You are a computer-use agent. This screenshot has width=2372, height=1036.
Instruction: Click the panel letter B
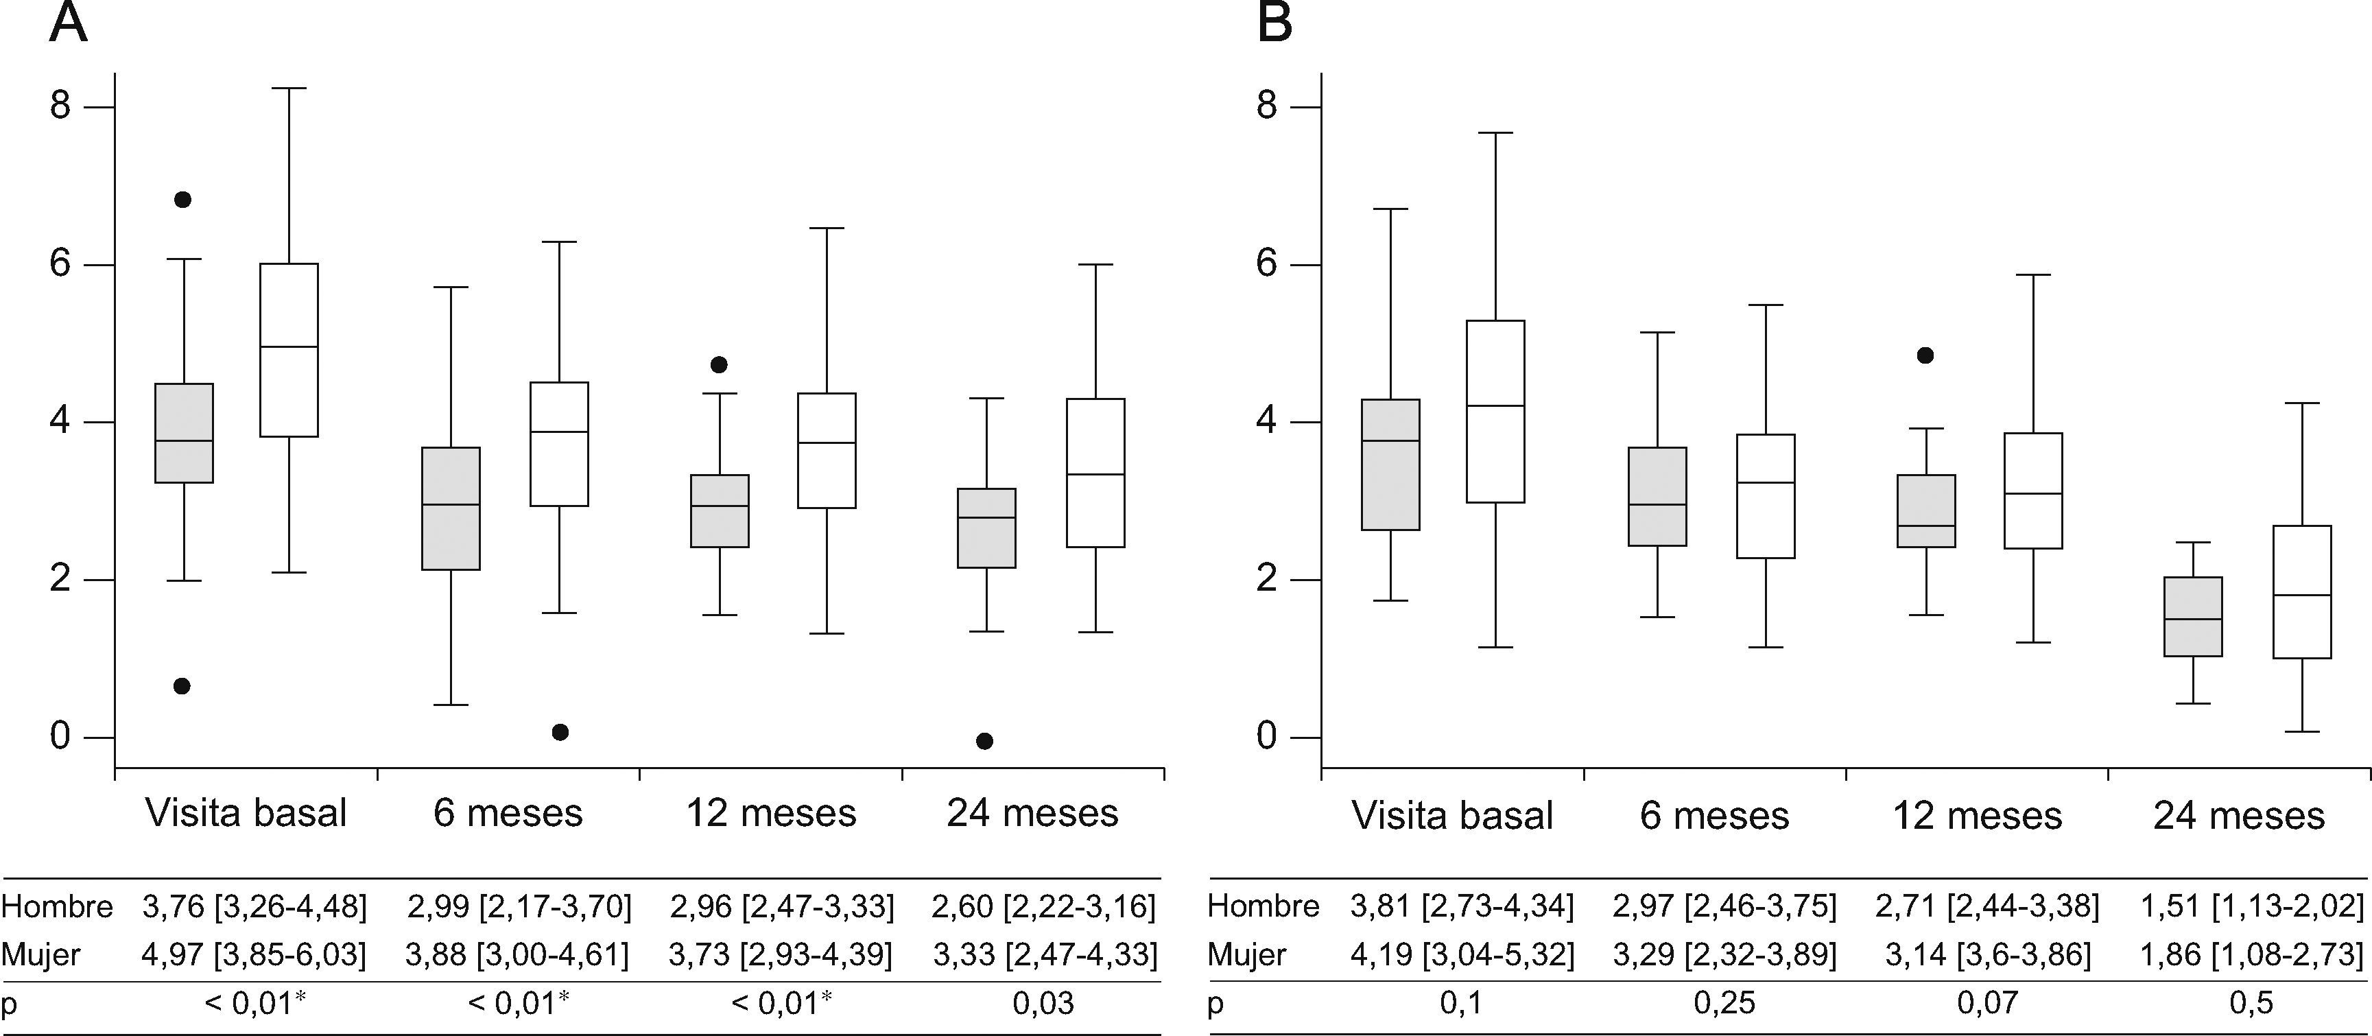[x=1274, y=23]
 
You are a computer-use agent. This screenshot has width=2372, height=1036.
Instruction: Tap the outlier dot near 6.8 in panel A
[x=182, y=200]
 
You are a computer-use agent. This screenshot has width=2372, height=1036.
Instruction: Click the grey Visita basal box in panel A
[x=184, y=433]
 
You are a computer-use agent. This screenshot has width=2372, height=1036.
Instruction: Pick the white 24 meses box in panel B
[x=2302, y=591]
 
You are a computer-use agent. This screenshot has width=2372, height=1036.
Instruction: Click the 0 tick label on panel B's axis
[x=1267, y=737]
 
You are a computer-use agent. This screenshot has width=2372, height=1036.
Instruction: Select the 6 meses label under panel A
[x=508, y=813]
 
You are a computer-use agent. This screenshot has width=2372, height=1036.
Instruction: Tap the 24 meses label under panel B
[x=2238, y=816]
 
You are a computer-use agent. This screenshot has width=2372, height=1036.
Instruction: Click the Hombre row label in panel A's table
[x=57, y=907]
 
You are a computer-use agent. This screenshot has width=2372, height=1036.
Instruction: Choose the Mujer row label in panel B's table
[x=1247, y=955]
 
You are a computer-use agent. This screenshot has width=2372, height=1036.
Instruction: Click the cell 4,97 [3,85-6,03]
[x=254, y=955]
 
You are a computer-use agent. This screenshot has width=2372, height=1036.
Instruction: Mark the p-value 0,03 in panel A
[x=1043, y=1003]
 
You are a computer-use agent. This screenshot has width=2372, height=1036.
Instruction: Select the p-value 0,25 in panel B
[x=1724, y=1003]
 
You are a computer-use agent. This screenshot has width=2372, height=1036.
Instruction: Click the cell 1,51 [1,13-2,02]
[x=2251, y=906]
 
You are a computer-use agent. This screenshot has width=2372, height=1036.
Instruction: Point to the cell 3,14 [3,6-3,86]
[x=1987, y=955]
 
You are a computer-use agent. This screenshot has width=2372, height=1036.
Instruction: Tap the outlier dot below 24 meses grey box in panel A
[x=984, y=741]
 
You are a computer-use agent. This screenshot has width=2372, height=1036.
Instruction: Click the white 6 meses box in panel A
[x=560, y=444]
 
